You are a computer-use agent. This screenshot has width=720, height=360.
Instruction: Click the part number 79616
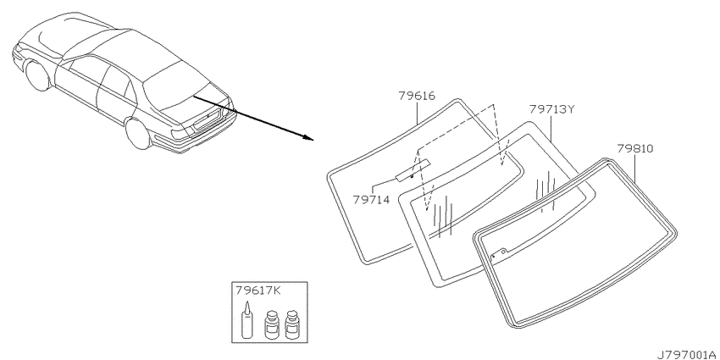point(417,96)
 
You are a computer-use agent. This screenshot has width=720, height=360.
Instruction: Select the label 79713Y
point(551,108)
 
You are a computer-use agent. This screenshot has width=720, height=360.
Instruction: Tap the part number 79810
point(634,148)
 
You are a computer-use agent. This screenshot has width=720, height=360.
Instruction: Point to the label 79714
point(371,200)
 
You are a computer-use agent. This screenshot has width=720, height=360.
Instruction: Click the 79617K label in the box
point(258,291)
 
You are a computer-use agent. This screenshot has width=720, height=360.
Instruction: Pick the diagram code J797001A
point(688,354)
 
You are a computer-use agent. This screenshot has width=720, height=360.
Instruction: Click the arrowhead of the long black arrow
point(308,137)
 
